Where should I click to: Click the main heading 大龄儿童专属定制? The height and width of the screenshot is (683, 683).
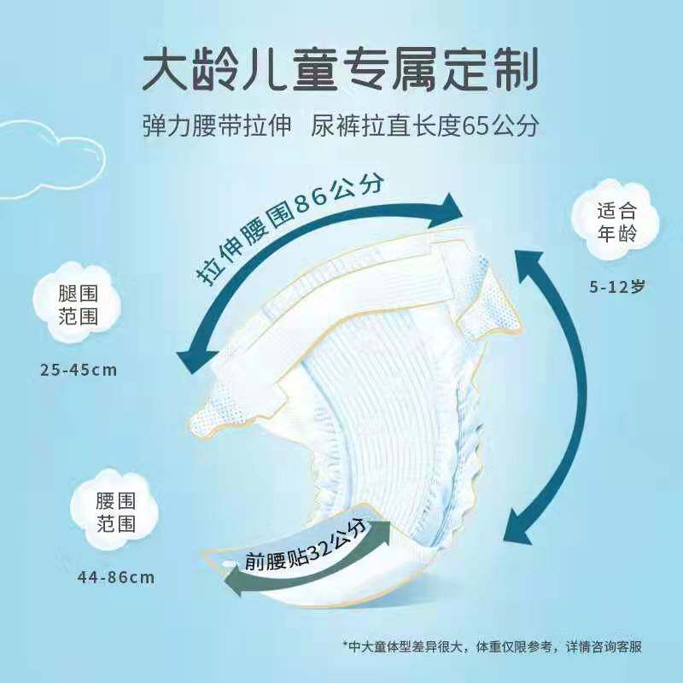(x=340, y=69)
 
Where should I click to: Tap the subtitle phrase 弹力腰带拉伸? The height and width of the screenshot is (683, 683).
(x=217, y=126)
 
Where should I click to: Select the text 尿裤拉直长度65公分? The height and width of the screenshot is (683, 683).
(x=424, y=126)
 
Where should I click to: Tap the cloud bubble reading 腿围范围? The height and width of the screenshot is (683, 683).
(x=77, y=303)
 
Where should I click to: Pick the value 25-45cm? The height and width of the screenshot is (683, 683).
(x=79, y=371)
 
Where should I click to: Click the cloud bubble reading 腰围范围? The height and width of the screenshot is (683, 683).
(x=114, y=510)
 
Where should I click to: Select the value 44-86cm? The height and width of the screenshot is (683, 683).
(x=116, y=578)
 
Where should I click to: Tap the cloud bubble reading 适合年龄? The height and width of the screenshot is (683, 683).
(x=616, y=221)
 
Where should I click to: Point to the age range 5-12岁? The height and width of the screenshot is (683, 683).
(x=616, y=287)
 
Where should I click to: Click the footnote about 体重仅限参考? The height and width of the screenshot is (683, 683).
(x=493, y=646)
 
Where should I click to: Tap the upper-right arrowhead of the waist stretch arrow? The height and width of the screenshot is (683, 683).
(x=447, y=212)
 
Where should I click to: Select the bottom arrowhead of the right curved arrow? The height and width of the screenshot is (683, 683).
(x=518, y=526)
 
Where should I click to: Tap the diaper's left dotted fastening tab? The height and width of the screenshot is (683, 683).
(x=218, y=418)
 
